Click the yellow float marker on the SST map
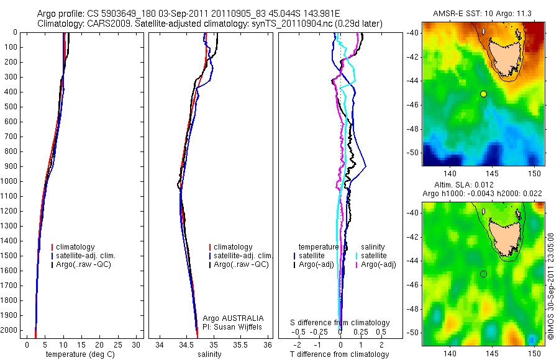[483, 94]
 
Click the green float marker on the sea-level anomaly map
[483, 274]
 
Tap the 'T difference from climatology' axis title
[339, 354]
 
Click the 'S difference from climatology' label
[340, 323]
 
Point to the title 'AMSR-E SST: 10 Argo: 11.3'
[483, 13]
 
